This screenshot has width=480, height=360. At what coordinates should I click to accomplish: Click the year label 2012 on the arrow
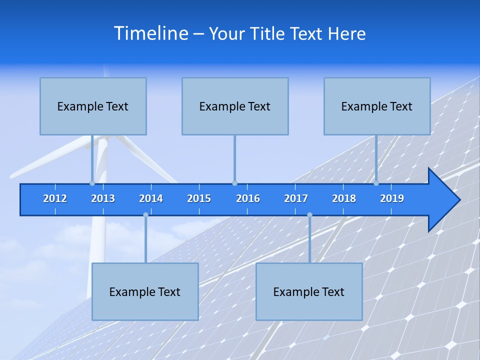coord(55,198)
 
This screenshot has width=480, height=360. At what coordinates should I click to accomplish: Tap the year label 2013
coord(103,198)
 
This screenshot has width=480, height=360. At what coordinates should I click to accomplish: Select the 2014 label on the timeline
coord(151,198)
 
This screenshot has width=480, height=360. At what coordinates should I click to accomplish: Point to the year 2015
coord(199,198)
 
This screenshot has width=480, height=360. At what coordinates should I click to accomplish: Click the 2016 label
coord(248,198)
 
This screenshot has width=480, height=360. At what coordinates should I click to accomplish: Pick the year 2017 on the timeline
coord(296,198)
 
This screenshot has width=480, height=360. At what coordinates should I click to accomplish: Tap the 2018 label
coord(344,198)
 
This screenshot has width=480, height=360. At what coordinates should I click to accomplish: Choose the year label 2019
coord(392,198)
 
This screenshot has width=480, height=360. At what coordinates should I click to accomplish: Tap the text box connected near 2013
coord(93,106)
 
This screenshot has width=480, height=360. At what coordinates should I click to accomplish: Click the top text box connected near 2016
coord(235,106)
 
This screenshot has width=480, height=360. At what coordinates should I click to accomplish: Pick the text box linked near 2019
coord(377,106)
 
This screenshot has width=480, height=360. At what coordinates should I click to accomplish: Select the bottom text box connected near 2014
coord(145,291)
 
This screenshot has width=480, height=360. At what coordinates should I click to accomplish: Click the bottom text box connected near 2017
coord(309,291)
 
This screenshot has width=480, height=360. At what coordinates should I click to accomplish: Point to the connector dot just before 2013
coord(92,183)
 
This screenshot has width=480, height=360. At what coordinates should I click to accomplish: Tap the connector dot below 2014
coord(145,215)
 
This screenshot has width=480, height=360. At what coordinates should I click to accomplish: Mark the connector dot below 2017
coord(309,215)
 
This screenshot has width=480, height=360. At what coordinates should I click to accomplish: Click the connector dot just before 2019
coord(376,183)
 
